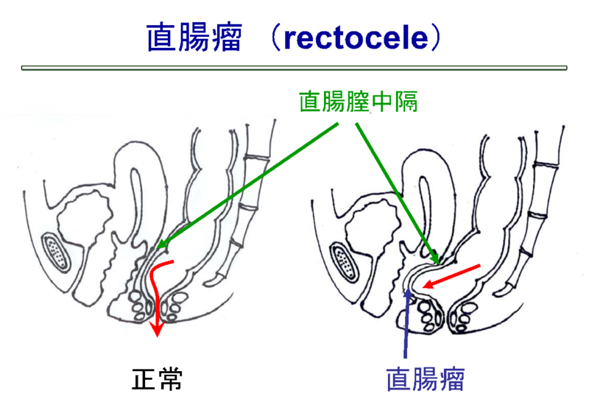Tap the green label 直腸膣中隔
tap(358, 101)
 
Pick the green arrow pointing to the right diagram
tap(398, 191)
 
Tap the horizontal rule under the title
tap(294, 68)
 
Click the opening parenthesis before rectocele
tap(272, 38)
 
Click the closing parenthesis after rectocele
tap(437, 38)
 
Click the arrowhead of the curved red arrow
tap(155, 329)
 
